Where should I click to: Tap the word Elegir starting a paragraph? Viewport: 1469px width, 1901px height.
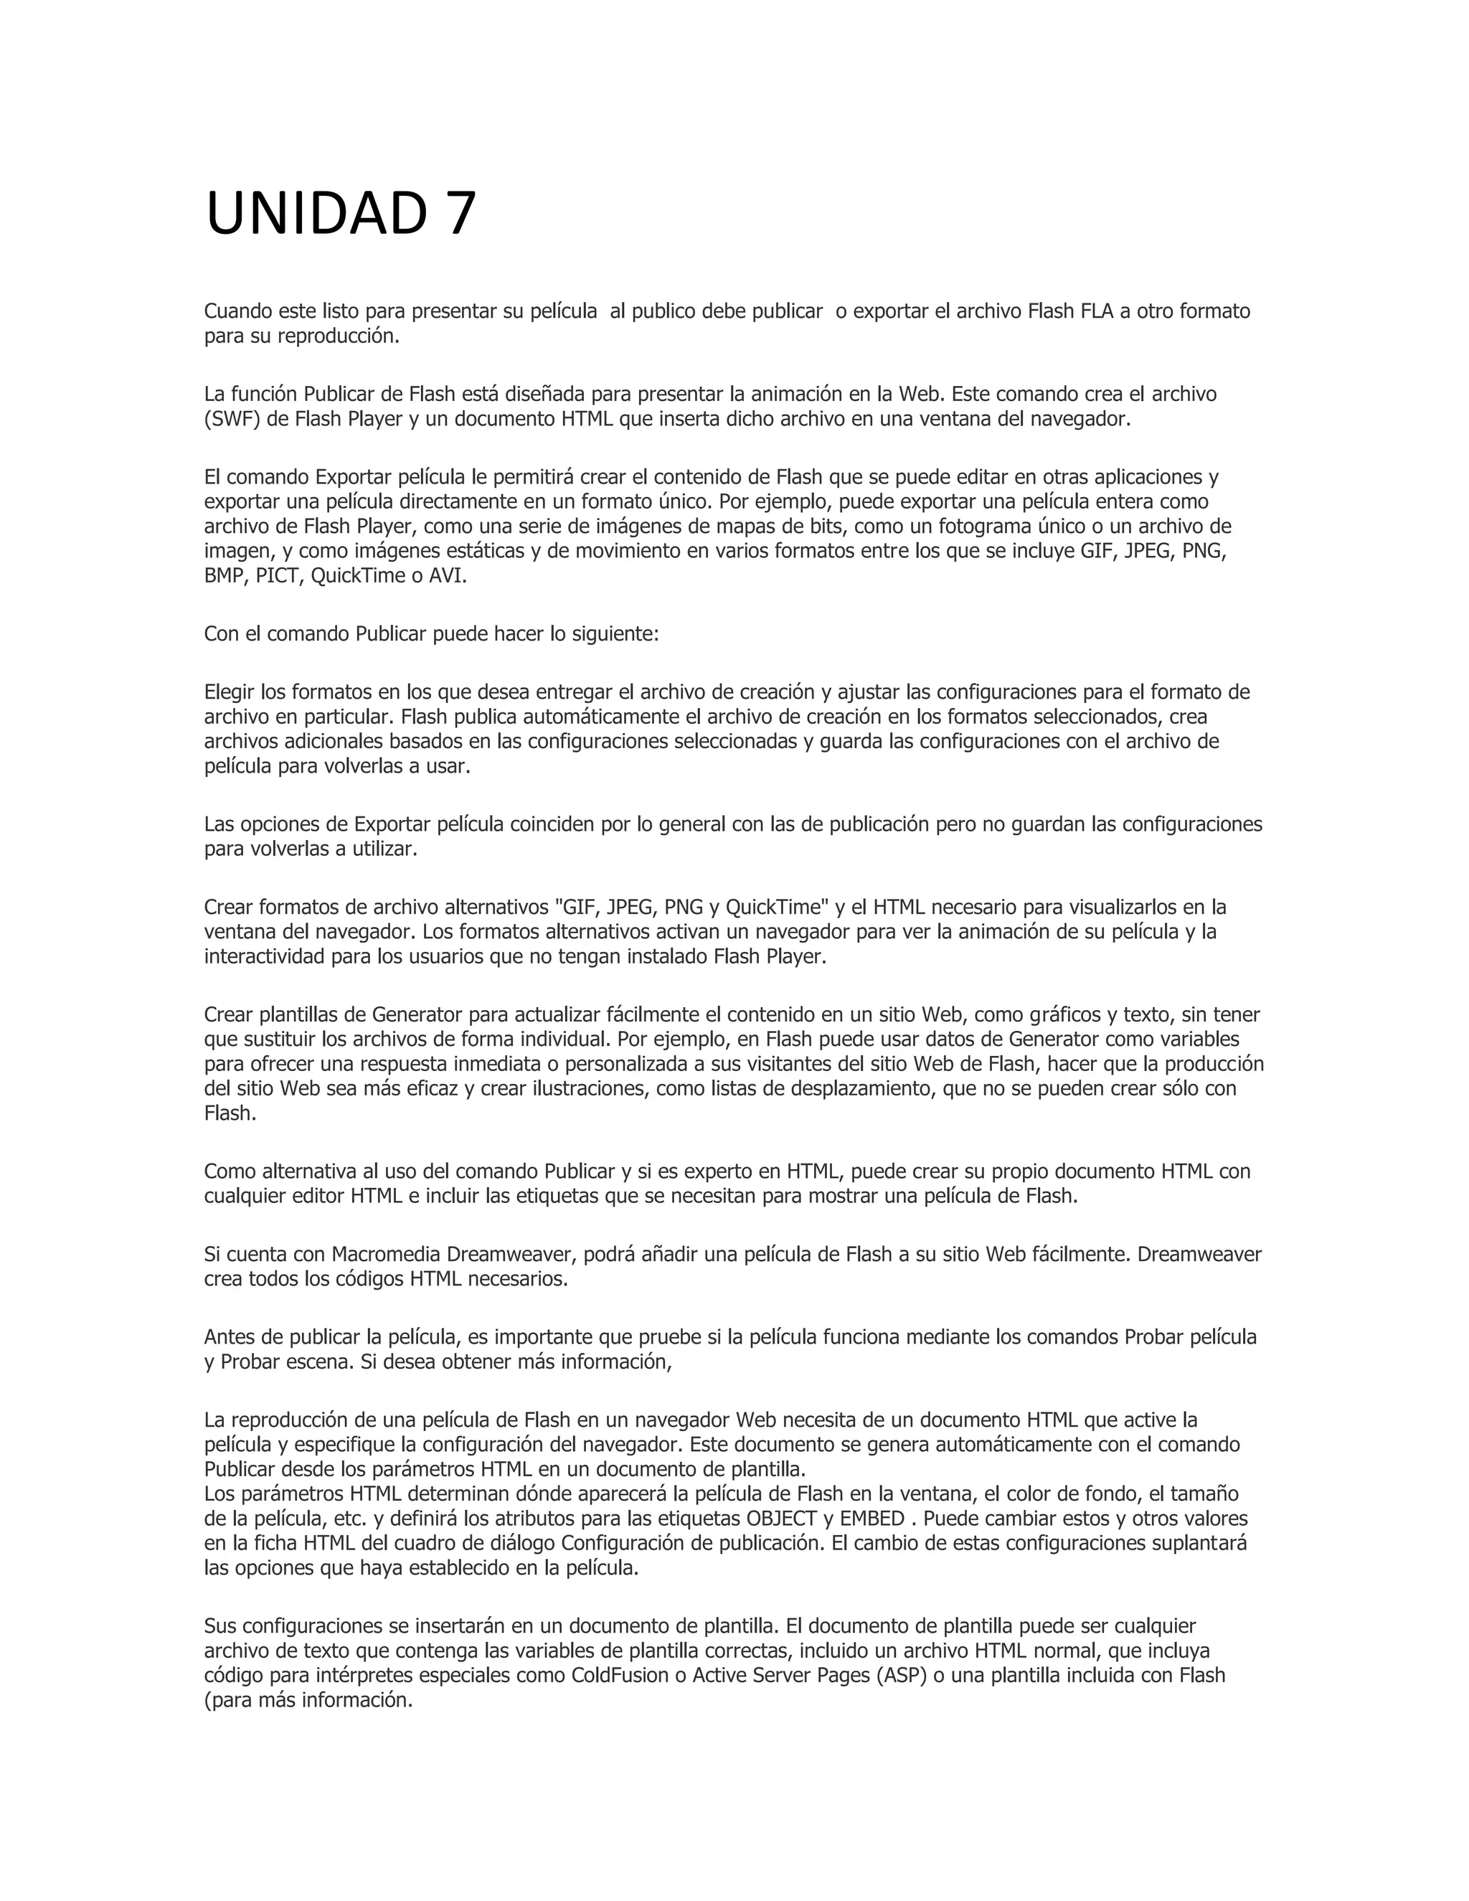point(230,692)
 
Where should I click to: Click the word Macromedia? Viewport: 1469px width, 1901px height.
point(387,1254)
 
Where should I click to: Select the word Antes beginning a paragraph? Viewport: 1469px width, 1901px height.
point(229,1336)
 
